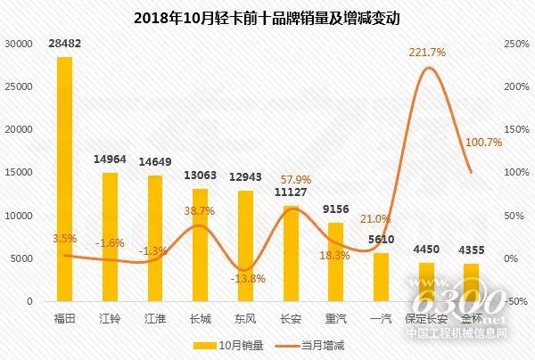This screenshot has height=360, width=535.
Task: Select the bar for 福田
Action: [64, 178]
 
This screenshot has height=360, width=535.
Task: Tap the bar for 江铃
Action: [110, 237]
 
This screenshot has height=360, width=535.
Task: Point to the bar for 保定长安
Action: [426, 282]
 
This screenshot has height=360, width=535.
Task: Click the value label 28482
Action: [64, 44]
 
